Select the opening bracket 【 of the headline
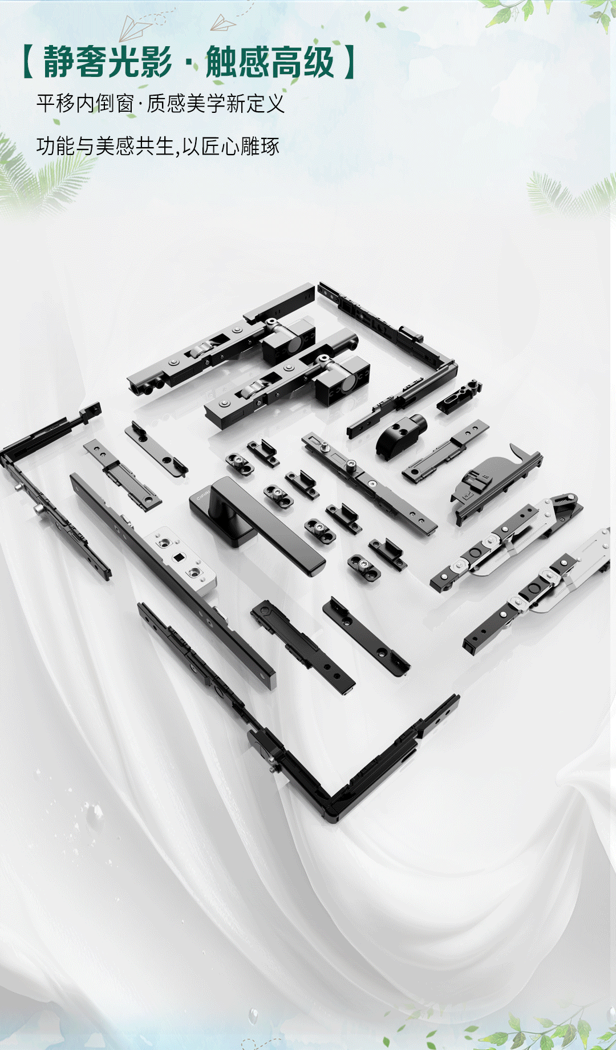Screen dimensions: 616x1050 [x=29, y=62]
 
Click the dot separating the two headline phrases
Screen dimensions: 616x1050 [x=189, y=63]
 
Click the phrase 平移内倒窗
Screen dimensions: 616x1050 [x=85, y=104]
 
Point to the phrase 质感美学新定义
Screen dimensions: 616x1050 [x=216, y=104]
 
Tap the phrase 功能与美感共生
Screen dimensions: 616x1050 [x=105, y=146]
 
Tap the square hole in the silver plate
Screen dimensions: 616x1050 [x=179, y=556]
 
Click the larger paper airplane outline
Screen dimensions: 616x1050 [x=135, y=27]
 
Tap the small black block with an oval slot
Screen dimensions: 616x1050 [x=459, y=396]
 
